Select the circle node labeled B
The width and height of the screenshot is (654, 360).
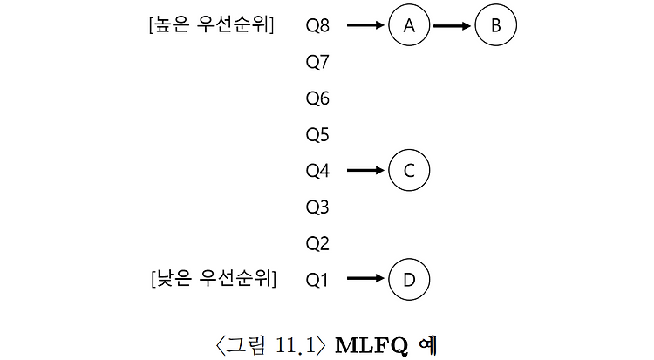pyautogui.click(x=495, y=26)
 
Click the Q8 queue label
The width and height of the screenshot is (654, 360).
pyautogui.click(x=317, y=26)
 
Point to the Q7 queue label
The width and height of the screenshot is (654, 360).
pyautogui.click(x=317, y=63)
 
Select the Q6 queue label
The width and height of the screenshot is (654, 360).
pyautogui.click(x=317, y=98)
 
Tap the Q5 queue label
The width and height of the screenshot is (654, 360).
pyautogui.click(x=317, y=135)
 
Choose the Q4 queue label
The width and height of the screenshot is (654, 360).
pyautogui.click(x=317, y=171)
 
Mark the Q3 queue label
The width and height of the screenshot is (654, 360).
pyautogui.click(x=317, y=207)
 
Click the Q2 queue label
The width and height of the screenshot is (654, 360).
pyautogui.click(x=317, y=243)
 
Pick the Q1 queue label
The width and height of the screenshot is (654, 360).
pyautogui.click(x=317, y=280)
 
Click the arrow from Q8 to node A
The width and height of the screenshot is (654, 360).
pyautogui.click(x=365, y=26)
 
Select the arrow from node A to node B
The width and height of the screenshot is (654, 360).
pyautogui.click(x=452, y=26)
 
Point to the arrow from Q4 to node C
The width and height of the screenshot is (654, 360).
pyautogui.click(x=365, y=171)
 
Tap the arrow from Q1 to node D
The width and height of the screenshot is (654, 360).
pyautogui.click(x=365, y=280)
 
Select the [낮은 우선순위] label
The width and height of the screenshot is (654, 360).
pyautogui.click(x=213, y=280)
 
